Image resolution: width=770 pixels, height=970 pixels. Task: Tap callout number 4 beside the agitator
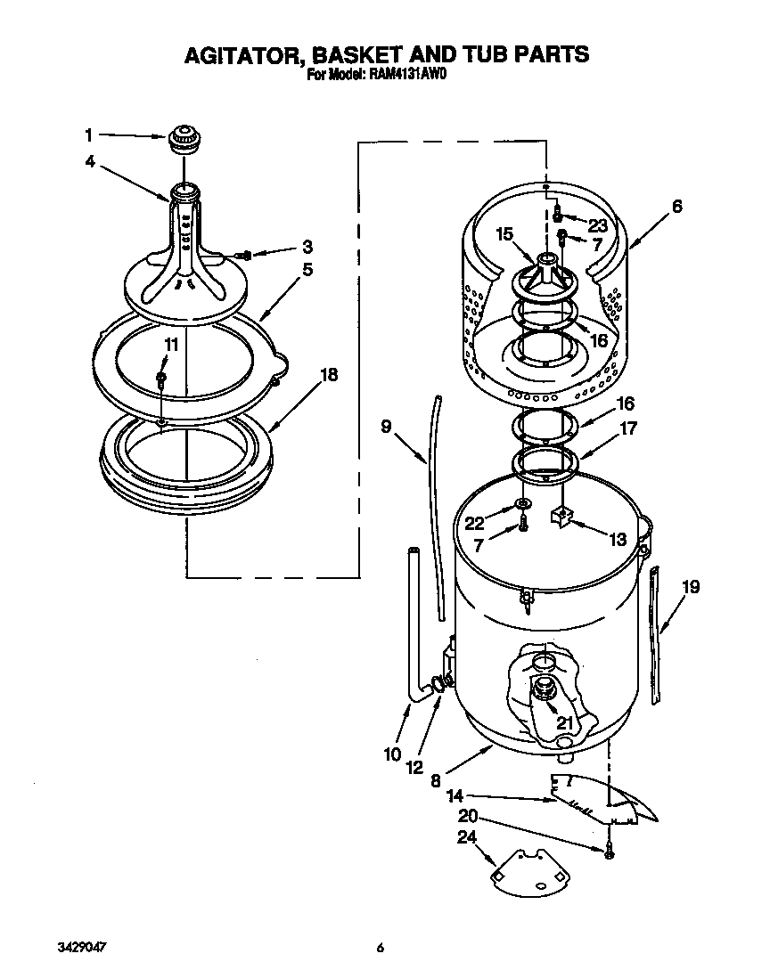point(90,161)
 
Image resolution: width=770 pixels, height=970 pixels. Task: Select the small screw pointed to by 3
point(245,255)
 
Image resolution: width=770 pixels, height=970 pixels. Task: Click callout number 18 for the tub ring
point(329,375)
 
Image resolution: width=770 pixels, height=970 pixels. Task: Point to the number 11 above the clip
point(169,344)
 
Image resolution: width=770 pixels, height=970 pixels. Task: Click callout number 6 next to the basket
point(677,206)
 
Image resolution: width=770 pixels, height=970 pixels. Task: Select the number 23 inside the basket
point(596,225)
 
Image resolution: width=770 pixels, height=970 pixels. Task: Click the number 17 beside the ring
point(627,428)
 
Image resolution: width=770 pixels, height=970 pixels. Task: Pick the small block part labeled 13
point(561,516)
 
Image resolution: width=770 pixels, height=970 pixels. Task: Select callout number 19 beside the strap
point(691,586)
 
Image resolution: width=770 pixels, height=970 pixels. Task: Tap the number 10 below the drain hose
point(393,754)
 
